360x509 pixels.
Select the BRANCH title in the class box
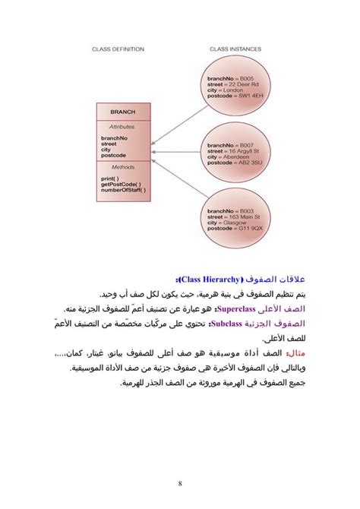[122, 112]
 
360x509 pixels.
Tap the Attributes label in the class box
[122, 127]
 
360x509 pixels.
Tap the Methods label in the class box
[122, 166]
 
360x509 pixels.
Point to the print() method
[110, 179]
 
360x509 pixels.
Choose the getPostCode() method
[120, 185]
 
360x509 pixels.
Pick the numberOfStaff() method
[123, 191]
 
